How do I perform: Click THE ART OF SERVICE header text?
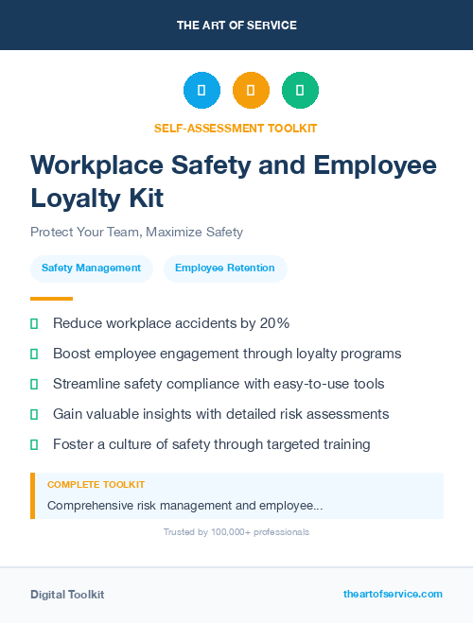(x=236, y=25)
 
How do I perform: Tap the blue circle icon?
(x=201, y=90)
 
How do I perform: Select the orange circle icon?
(x=251, y=90)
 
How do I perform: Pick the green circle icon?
(x=300, y=90)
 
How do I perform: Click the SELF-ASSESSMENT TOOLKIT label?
(x=236, y=128)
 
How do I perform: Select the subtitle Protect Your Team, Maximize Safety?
(x=136, y=232)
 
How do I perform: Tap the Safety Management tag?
(x=91, y=268)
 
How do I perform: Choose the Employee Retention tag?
(x=225, y=268)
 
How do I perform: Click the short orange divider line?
(x=51, y=299)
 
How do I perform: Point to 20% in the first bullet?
(x=274, y=323)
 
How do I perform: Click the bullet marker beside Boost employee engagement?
(x=34, y=354)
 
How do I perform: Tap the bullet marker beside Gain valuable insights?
(x=34, y=414)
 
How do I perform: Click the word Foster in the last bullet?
(x=74, y=444)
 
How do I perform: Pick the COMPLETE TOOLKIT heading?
(x=96, y=485)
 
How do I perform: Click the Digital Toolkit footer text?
(x=67, y=595)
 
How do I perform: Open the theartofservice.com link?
(x=393, y=594)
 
